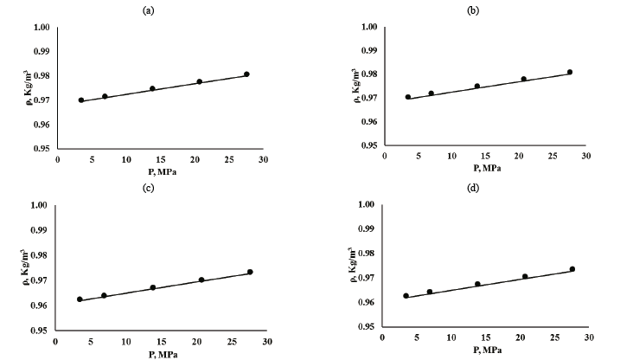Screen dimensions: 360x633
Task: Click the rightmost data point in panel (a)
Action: coord(246,74)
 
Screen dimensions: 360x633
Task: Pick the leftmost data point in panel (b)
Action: coord(408,97)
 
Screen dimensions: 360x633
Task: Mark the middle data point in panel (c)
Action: coord(153,287)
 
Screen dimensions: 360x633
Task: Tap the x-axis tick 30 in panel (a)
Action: coord(263,160)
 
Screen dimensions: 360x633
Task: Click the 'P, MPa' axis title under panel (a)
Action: coord(159,170)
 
